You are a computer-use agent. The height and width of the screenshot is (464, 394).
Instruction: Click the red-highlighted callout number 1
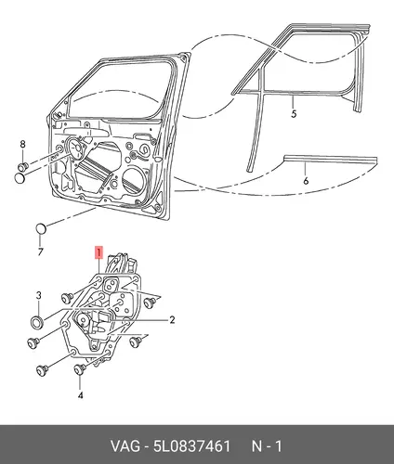[98, 252]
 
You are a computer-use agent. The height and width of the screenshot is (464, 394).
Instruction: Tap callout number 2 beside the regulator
[172, 319]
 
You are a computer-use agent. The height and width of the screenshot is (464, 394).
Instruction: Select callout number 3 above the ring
[38, 295]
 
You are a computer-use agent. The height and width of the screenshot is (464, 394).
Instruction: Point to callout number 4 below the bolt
[80, 395]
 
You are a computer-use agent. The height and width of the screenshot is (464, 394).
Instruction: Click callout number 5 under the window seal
[294, 113]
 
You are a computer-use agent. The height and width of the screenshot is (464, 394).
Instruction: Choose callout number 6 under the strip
[306, 181]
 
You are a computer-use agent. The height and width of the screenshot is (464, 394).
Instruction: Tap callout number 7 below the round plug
[40, 251]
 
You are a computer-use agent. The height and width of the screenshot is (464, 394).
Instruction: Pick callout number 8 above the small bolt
[22, 144]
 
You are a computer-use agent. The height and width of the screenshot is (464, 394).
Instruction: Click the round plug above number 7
[41, 228]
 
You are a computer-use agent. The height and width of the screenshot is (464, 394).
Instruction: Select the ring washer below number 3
[37, 322]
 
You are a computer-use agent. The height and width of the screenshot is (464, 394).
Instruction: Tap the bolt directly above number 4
[80, 369]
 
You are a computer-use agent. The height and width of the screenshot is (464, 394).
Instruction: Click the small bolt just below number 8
[23, 166]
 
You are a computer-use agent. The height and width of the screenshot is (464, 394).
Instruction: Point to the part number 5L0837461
[192, 446]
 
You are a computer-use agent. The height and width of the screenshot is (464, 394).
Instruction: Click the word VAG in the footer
[125, 446]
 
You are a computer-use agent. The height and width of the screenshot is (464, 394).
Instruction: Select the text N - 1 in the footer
[267, 446]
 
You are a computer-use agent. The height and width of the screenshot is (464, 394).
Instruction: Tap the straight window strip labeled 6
[331, 160]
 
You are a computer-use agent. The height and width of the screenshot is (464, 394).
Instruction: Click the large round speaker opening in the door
[134, 178]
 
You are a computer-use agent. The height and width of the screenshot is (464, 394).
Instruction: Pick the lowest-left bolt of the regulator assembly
[43, 370]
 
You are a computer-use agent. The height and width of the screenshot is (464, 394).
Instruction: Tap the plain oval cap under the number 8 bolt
[20, 178]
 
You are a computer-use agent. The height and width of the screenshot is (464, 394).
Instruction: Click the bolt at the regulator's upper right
[150, 302]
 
